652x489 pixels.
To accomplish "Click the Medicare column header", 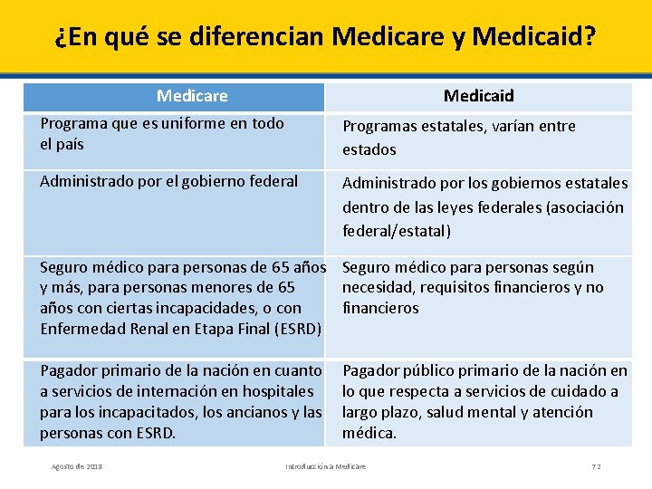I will pyautogui.click(x=192, y=96).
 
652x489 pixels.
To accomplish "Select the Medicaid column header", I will pyautogui.click(x=478, y=96).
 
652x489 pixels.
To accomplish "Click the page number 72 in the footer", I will pyautogui.click(x=596, y=466).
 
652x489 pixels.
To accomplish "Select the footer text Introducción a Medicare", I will pyautogui.click(x=325, y=466).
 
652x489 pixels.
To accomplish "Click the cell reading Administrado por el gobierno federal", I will pyautogui.click(x=169, y=181).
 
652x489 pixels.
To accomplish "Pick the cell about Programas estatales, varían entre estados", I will pyautogui.click(x=459, y=138).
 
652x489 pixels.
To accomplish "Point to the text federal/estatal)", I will pyautogui.click(x=396, y=231).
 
